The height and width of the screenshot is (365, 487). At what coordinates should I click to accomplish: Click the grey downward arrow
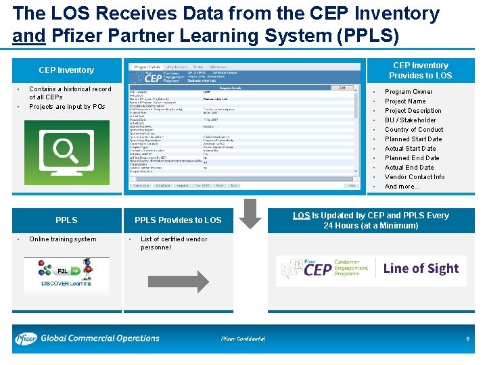click(250, 214)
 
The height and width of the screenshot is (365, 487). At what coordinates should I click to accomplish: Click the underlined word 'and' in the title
click(28, 34)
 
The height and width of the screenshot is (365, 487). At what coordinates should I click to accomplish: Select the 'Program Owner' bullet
click(409, 92)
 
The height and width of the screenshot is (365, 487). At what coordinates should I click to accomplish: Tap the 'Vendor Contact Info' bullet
click(415, 177)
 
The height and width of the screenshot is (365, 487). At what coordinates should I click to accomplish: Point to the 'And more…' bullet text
click(402, 187)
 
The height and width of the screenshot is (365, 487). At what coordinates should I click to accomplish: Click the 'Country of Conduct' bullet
click(414, 130)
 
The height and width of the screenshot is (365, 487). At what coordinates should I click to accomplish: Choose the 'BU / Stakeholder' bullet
click(410, 120)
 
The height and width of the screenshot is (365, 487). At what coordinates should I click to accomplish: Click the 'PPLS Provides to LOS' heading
click(178, 220)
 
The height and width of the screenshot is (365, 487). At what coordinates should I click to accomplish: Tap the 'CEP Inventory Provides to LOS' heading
click(420, 70)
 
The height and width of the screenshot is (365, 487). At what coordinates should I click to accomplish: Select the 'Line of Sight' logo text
click(421, 268)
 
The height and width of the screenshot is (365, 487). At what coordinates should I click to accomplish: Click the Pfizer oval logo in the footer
click(26, 338)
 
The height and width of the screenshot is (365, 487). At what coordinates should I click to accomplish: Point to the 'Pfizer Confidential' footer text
click(243, 339)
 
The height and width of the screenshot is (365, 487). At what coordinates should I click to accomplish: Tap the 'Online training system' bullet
click(63, 239)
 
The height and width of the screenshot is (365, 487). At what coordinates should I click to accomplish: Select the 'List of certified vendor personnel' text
click(173, 243)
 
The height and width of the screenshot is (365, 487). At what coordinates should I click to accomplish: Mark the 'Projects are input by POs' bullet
click(67, 107)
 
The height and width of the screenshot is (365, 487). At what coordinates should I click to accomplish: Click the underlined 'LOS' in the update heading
click(301, 216)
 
